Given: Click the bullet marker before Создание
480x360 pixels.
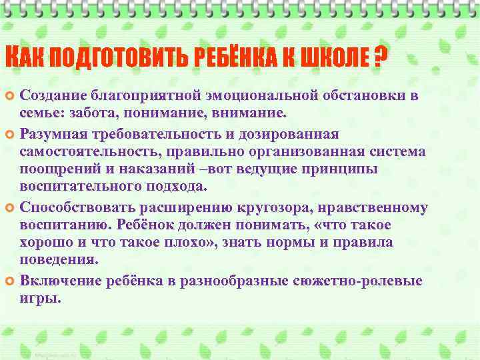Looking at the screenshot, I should click(x=11, y=97).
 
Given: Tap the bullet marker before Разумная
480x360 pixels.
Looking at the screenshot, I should click(x=11, y=135).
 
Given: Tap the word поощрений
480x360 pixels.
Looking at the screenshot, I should click(x=55, y=170).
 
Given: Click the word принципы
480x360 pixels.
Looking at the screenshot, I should click(x=340, y=170).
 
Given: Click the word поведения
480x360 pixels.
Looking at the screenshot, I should click(x=57, y=262).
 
